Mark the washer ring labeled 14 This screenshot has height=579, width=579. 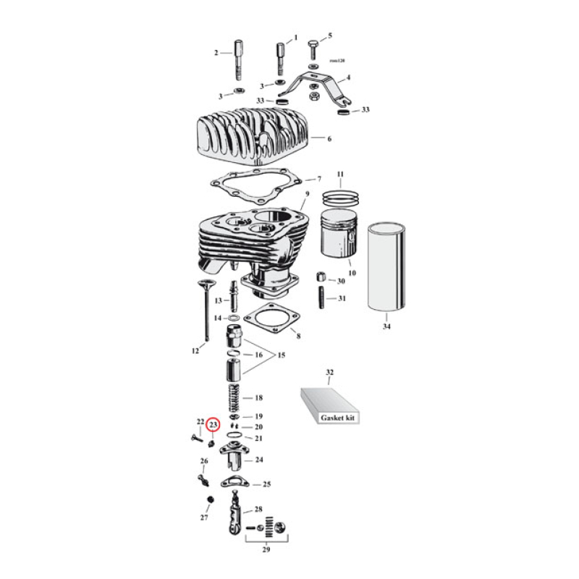232,318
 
